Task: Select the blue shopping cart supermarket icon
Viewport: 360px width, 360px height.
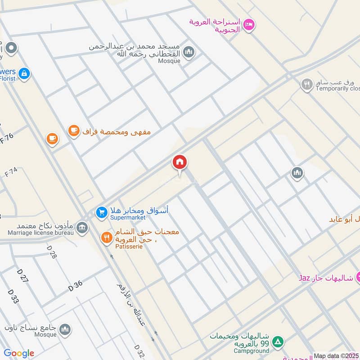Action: coord(102,211)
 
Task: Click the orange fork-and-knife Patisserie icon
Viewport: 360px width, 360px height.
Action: coord(106,238)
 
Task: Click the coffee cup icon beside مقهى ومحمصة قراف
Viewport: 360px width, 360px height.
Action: coord(73,131)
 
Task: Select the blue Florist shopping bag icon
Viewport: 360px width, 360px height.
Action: coord(24,73)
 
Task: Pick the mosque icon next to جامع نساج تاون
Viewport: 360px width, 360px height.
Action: coord(66,329)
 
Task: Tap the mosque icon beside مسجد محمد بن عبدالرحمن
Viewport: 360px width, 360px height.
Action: coord(189,52)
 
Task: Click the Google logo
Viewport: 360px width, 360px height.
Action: coord(19,353)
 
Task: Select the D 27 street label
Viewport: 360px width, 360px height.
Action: coord(22,275)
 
